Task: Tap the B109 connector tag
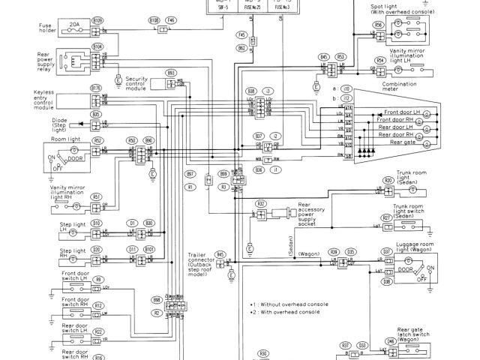pyautogui.click(x=97, y=21)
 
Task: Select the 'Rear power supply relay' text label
pyautogui.click(x=50, y=62)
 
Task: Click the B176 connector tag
pyautogui.click(x=96, y=89)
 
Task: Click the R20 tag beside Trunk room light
pyautogui.click(x=388, y=181)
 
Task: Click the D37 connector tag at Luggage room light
pyautogui.click(x=387, y=251)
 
